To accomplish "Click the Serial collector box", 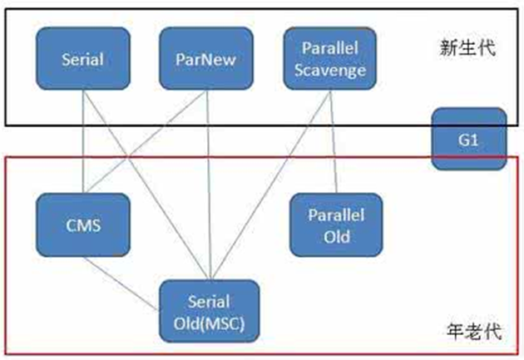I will [x=83, y=59].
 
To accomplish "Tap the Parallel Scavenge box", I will [x=329, y=59].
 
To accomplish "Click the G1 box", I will [x=468, y=139].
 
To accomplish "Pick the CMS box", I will [x=83, y=224].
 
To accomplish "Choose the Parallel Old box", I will [x=336, y=224].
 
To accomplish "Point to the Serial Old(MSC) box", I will [x=209, y=310].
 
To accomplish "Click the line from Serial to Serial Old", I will [x=146, y=183].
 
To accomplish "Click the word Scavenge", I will [x=329, y=70].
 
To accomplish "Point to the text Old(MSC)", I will [x=209, y=320].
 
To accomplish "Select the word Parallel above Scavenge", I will [x=329, y=49].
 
